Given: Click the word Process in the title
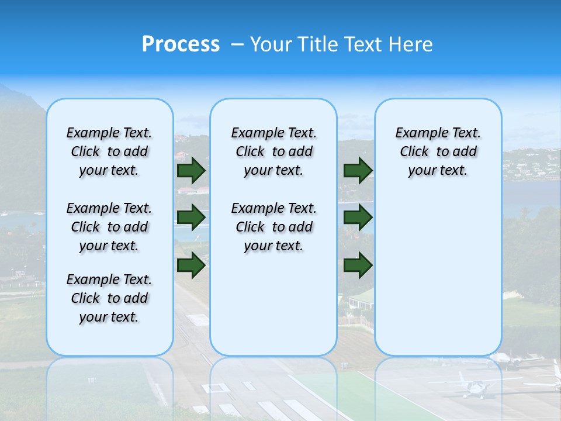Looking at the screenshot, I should point(181,44).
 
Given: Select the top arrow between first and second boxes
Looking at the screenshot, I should point(191,171).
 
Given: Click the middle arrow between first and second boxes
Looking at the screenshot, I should point(191,218).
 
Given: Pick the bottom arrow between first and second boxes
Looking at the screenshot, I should point(191,265).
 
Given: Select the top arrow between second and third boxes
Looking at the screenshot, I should point(358,171).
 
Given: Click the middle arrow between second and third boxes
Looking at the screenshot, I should point(358,218).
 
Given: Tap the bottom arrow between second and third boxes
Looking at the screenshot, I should point(358,265).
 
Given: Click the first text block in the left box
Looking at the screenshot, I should point(109,151).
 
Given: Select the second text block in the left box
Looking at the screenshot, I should point(109,227).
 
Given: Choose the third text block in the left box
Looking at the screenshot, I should point(109,298).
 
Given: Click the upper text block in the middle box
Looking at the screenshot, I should point(274,151).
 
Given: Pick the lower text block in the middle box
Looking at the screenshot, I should point(274,227).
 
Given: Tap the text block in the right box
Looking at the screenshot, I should point(438,151).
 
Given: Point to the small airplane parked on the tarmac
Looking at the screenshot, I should point(475,385).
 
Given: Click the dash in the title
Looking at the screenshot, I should point(237,44).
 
